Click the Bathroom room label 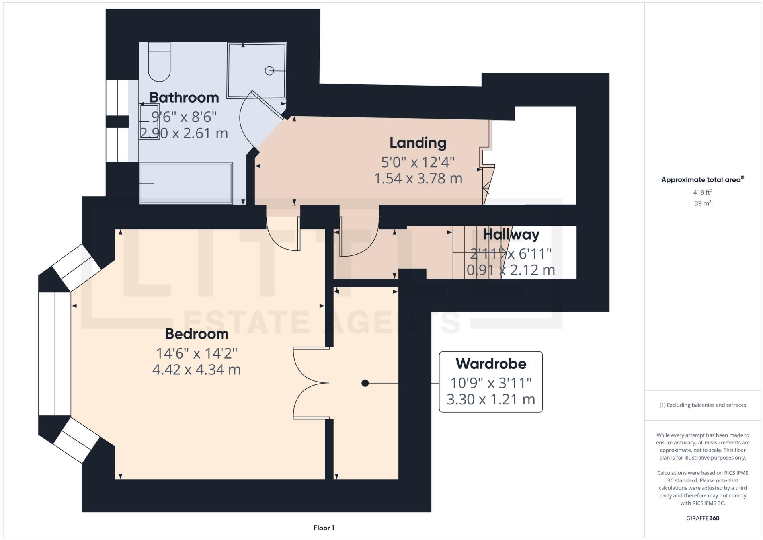tap(184, 97)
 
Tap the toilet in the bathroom tap(159, 64)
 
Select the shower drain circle tap(269, 71)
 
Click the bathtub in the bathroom tap(186, 183)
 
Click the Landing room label tap(418, 142)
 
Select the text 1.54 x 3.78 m tap(418, 178)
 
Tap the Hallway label tap(511, 234)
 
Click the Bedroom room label tap(197, 334)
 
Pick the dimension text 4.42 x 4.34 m tap(197, 370)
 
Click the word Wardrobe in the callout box tap(491, 364)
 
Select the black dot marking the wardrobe tap(365, 383)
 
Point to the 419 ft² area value tap(703, 192)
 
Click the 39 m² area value tap(703, 203)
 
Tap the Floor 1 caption tap(324, 528)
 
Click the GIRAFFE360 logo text tap(703, 518)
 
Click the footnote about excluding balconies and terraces tap(703, 405)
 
